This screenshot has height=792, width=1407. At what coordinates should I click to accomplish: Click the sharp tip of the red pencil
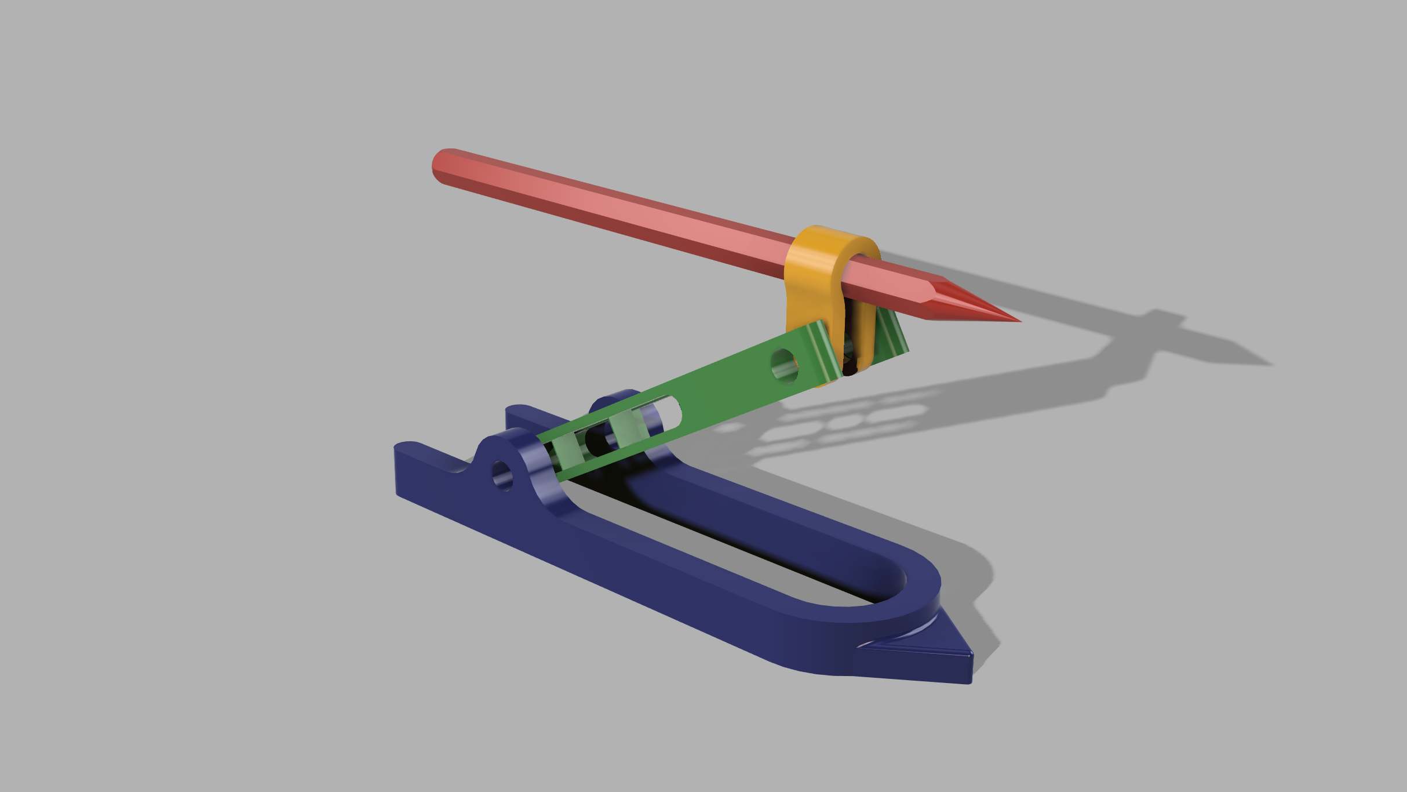pos(1018,320)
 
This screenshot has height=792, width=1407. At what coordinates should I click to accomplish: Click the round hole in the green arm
pos(784,365)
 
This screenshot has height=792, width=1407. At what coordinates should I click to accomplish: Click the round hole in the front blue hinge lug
pos(502,475)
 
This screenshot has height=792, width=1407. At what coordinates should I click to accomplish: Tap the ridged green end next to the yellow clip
pos(823,354)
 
